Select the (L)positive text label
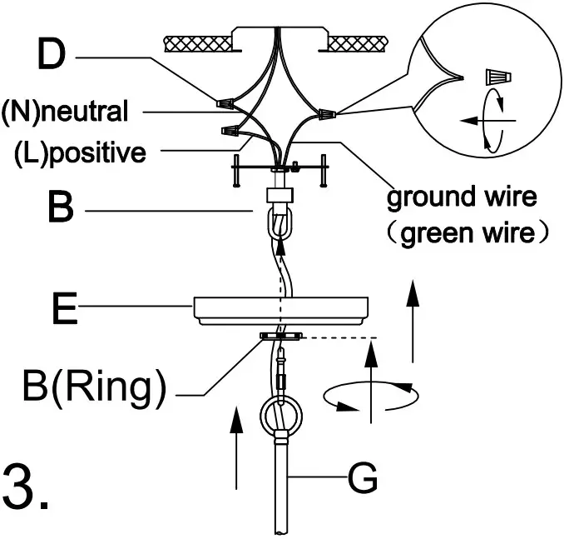(x=81, y=153)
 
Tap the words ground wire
(x=462, y=198)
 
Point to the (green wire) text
(x=470, y=232)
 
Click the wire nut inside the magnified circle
(x=497, y=77)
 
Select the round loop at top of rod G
(x=280, y=413)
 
